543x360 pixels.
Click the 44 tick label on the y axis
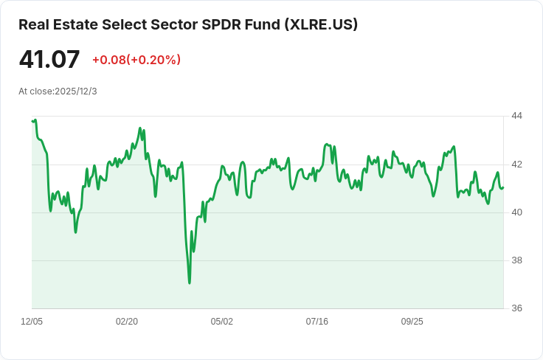pyautogui.click(x=516, y=116)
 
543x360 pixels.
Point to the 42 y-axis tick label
pyautogui.click(x=516, y=164)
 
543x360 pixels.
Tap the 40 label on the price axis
pyautogui.click(x=516, y=212)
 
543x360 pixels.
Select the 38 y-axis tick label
pyautogui.click(x=516, y=260)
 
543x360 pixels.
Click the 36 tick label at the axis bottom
pyautogui.click(x=516, y=308)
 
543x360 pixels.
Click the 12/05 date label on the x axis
pyautogui.click(x=32, y=322)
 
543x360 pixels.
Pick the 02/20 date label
pyautogui.click(x=127, y=322)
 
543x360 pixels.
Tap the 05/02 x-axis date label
pyautogui.click(x=222, y=322)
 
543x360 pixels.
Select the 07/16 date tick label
pyautogui.click(x=317, y=322)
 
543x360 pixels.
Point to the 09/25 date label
pyautogui.click(x=412, y=322)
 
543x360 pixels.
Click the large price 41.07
pyautogui.click(x=49, y=59)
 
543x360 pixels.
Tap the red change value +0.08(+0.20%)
pyautogui.click(x=136, y=60)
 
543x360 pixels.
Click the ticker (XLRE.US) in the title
pyautogui.click(x=322, y=24)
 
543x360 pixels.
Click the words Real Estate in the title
pyautogui.click(x=58, y=24)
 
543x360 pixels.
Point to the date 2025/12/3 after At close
pyautogui.click(x=76, y=91)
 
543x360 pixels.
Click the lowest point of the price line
pyautogui.click(x=190, y=283)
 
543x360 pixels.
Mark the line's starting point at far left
pyautogui.click(x=32, y=121)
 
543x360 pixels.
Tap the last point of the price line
pyautogui.click(x=503, y=187)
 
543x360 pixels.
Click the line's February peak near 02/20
pyautogui.click(x=141, y=128)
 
